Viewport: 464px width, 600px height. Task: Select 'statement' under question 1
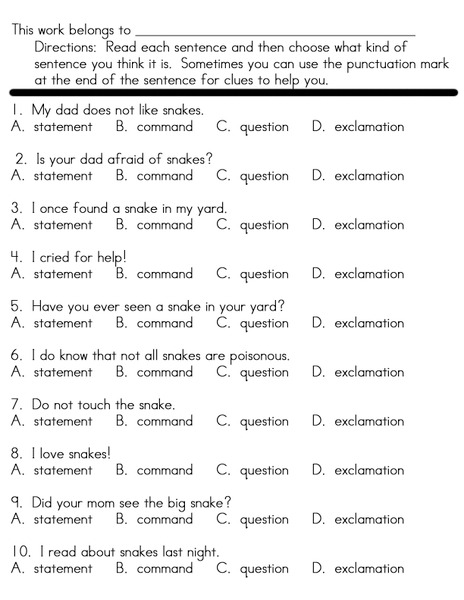click(62, 127)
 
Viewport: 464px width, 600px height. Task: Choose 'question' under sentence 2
click(264, 176)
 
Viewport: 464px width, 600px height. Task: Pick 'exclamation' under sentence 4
click(369, 274)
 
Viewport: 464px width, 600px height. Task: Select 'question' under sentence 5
click(264, 323)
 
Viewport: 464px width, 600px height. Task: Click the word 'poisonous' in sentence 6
click(256, 355)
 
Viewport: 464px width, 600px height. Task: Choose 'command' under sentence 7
click(164, 421)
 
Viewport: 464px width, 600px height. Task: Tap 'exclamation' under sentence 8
click(369, 470)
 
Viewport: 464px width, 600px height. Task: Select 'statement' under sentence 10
click(62, 569)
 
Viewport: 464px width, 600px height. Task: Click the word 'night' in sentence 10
click(198, 552)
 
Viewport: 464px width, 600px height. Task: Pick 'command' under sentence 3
click(164, 225)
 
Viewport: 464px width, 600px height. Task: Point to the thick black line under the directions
click(232, 92)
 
